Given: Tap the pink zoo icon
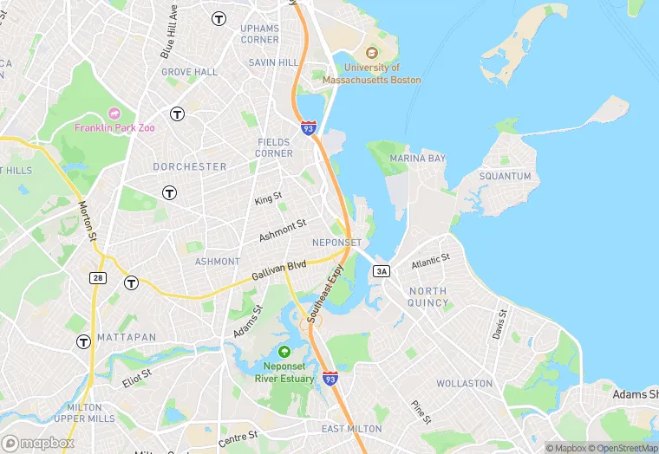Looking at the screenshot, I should pos(114,114).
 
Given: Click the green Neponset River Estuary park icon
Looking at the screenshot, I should pos(284,352).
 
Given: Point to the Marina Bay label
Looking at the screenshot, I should pos(417,159).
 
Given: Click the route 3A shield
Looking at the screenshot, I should pos(382,271).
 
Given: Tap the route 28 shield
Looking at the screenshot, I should pos(98,276).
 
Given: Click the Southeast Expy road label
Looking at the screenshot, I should pos(324,294).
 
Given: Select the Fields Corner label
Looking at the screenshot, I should pos(274,147).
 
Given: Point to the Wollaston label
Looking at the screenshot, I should pos(464,383).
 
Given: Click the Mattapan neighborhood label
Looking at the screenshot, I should pos(127,336).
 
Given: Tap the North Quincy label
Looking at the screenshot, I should pos(428,297).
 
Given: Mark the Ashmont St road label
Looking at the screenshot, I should pos(283,230).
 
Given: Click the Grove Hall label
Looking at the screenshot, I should pos(189,72).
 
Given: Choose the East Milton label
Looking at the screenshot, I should pos(351,429).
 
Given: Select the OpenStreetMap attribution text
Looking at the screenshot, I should pos(621,448).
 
